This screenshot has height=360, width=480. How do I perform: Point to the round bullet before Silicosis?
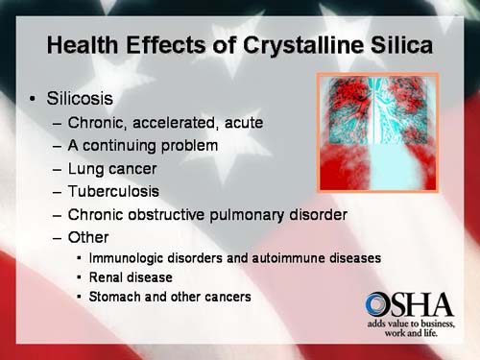click(33, 100)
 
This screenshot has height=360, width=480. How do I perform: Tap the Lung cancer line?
click(112, 168)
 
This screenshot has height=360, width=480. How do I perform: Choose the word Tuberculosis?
click(114, 191)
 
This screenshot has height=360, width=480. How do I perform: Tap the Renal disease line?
click(131, 277)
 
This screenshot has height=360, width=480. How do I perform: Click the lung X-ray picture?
click(377, 131)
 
